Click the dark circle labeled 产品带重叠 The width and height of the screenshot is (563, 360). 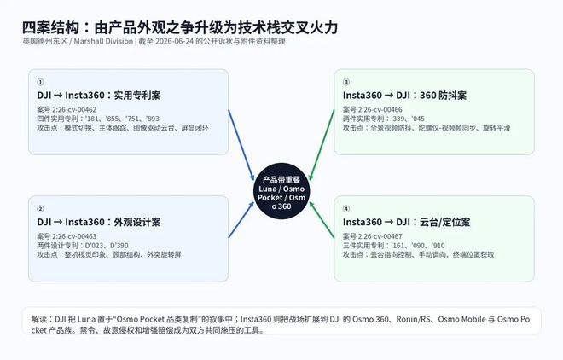point(281,191)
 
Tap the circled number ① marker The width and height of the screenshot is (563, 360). point(40,82)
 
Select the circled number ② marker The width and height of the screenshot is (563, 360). point(40,209)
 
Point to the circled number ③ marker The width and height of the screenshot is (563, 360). point(346,82)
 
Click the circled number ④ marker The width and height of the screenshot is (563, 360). point(346,209)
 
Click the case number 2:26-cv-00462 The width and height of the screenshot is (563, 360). point(74,109)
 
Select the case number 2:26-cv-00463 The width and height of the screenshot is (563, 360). point(74,236)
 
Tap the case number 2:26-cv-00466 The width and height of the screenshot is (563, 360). point(380,109)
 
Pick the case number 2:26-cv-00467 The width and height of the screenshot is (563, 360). point(380,236)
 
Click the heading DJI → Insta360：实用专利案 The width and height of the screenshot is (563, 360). point(99,96)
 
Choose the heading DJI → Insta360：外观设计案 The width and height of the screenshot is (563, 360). point(99,222)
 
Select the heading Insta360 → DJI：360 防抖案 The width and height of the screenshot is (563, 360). point(404,96)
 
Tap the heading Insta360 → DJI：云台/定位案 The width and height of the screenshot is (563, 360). point(406,222)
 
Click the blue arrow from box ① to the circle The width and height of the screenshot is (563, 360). point(241,145)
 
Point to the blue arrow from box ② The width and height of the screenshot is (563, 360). point(241,219)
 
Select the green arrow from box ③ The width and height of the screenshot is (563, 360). point(322,145)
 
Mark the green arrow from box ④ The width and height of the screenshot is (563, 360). point(322,219)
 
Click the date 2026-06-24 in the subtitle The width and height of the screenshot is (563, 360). point(175,41)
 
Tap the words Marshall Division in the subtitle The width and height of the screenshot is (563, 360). point(103,41)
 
